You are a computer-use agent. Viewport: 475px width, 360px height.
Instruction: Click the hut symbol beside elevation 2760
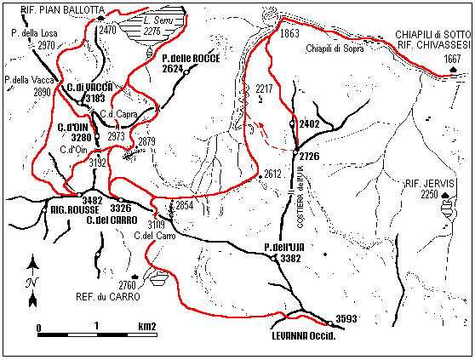157,277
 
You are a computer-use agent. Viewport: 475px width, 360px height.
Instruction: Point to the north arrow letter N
31,283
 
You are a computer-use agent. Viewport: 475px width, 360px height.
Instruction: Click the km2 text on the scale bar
146,326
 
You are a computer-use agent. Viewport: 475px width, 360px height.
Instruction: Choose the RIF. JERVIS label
431,183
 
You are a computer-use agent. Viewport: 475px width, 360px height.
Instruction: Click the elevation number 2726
311,156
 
